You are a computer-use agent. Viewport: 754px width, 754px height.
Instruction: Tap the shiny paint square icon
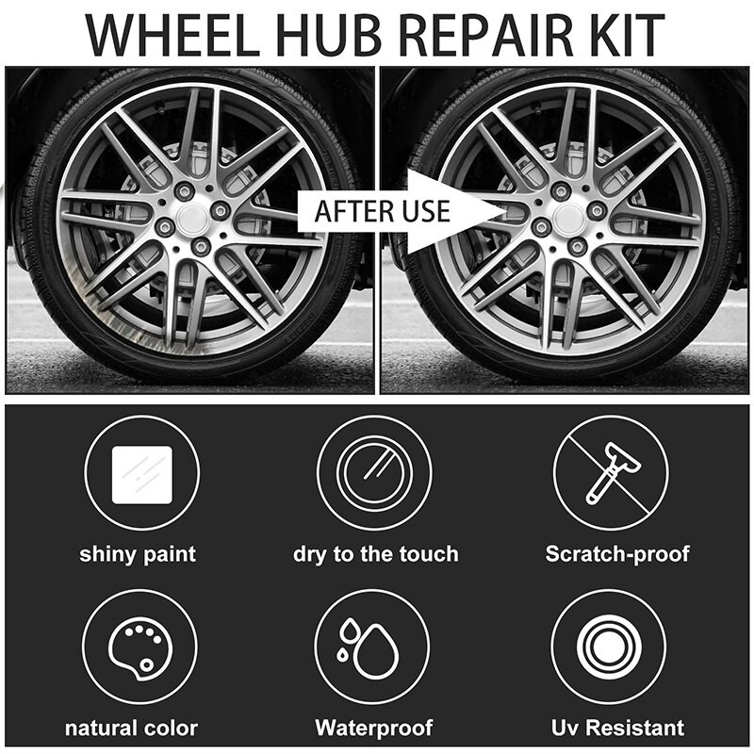[140, 473]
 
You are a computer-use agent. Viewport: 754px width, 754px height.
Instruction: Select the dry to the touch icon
[374, 473]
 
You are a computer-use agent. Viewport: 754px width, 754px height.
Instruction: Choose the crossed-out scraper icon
[610, 473]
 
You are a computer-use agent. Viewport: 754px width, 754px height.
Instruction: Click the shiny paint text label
[138, 553]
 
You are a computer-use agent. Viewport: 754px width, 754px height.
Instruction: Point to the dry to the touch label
[375, 553]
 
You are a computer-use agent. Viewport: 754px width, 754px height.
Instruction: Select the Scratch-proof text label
[617, 553]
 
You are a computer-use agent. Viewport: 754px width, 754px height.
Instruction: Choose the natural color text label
[131, 728]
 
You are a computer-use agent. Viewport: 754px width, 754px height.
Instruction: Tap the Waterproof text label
[374, 728]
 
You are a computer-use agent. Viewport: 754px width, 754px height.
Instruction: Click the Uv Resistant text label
[617, 728]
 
